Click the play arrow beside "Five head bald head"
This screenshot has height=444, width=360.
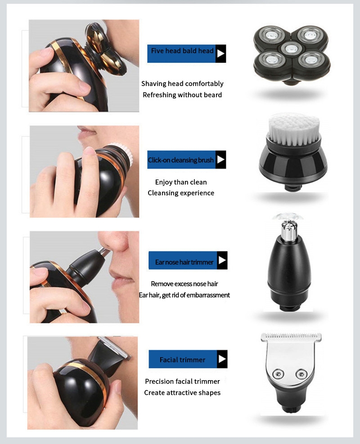pos(220,54)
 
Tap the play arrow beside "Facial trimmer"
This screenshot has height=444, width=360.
pos(222,359)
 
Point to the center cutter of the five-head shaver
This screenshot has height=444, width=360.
pos(292,49)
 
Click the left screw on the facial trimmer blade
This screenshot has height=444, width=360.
pos(278,374)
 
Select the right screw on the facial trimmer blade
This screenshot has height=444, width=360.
pos(301,374)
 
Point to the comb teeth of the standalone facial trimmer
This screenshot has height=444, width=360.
pos(291,336)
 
